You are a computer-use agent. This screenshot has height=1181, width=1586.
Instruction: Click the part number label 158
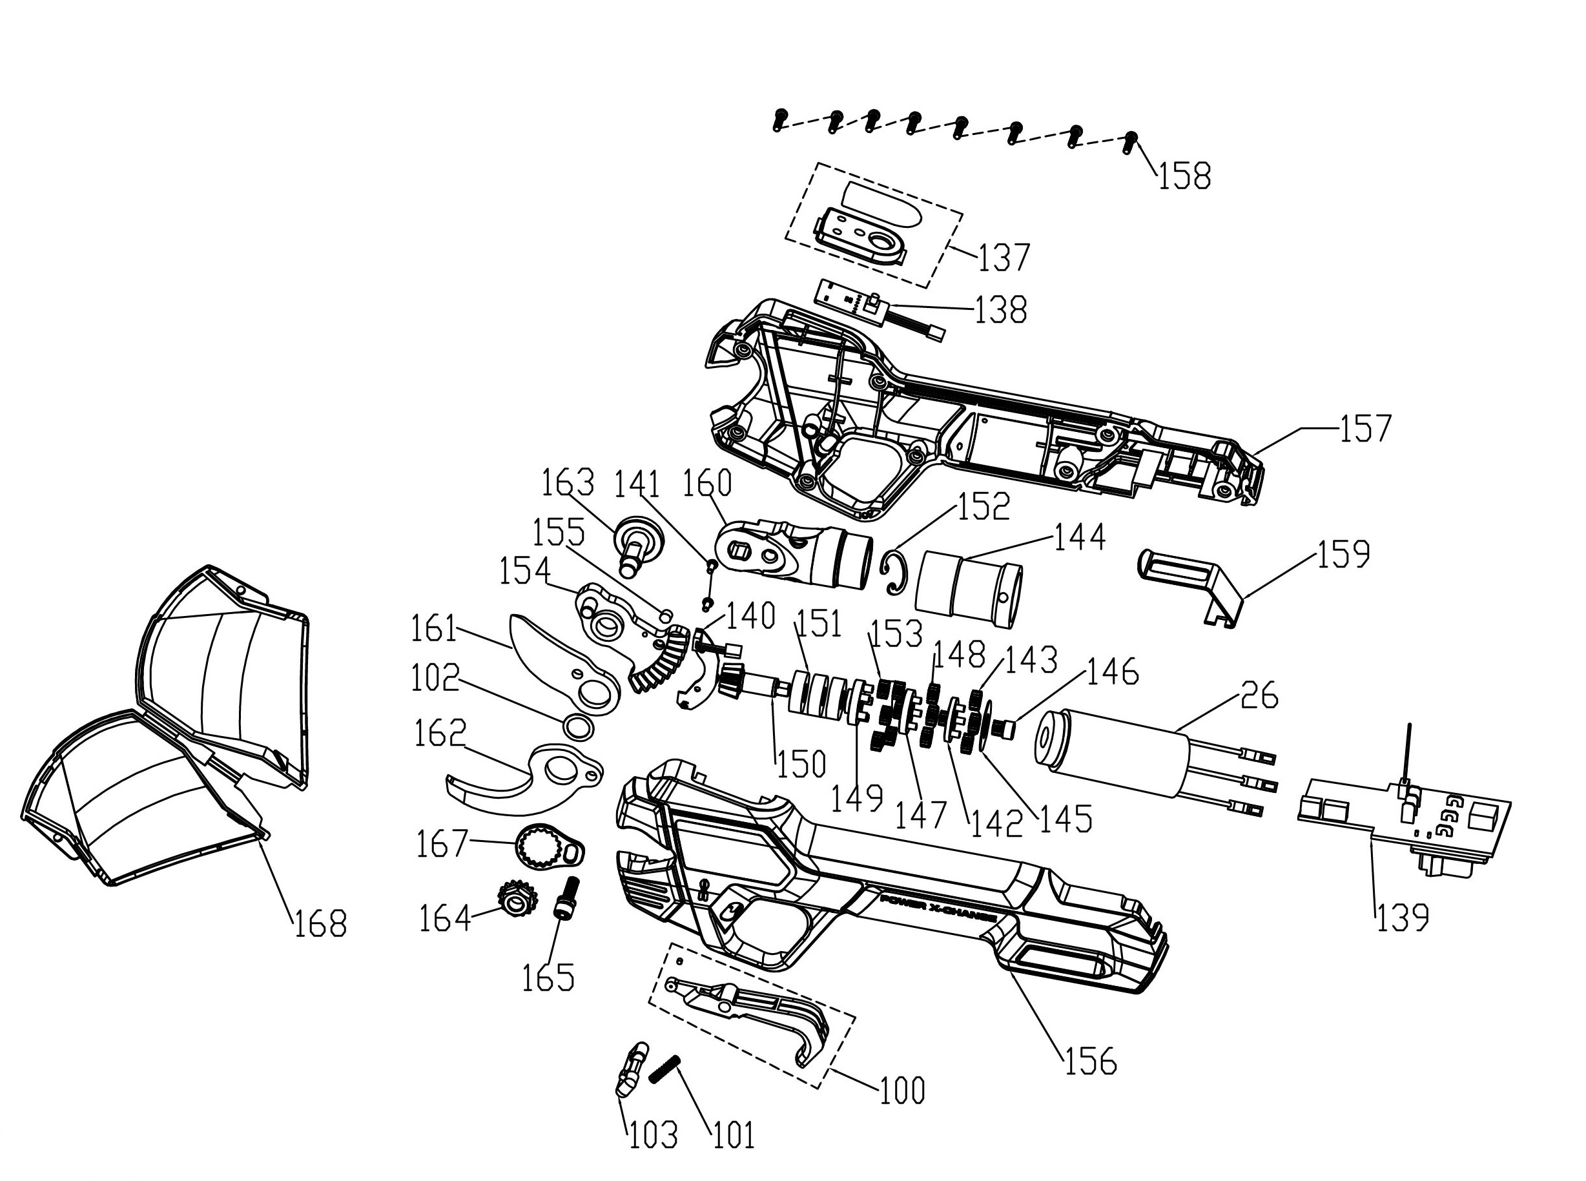1184,176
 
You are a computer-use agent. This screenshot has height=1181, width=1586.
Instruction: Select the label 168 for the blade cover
320,923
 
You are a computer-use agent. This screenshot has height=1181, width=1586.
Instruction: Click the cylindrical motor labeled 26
1115,750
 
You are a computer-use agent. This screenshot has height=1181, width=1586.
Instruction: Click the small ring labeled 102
578,728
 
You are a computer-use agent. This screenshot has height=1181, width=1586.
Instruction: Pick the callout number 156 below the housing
1090,1062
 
